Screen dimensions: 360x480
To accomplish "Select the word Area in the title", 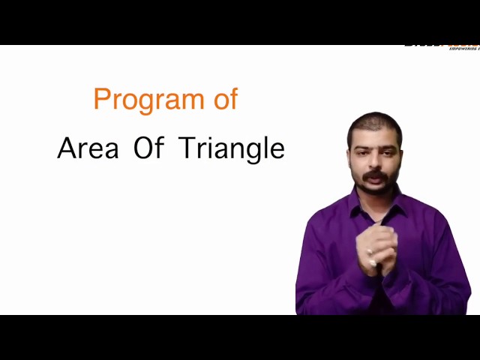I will click(88, 148).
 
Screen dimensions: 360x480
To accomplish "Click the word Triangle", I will click(232, 149).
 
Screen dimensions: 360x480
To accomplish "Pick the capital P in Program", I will click(101, 99).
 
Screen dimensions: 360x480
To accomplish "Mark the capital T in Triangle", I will click(187, 148).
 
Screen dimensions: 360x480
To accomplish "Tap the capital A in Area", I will click(66, 148).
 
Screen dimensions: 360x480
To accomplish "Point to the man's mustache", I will click(376, 175).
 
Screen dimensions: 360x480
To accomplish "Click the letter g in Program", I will click(157, 102).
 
